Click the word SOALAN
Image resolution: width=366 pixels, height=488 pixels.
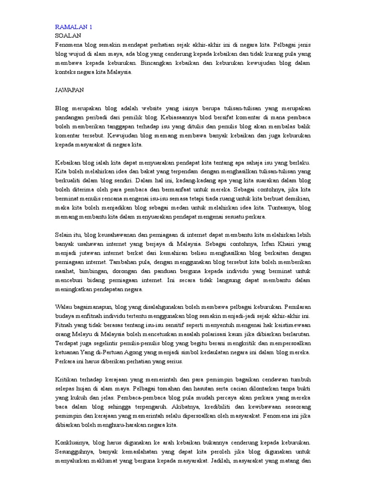(68, 35)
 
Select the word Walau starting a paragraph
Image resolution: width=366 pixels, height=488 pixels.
(65, 306)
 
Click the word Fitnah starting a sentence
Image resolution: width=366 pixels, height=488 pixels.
(65, 324)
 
